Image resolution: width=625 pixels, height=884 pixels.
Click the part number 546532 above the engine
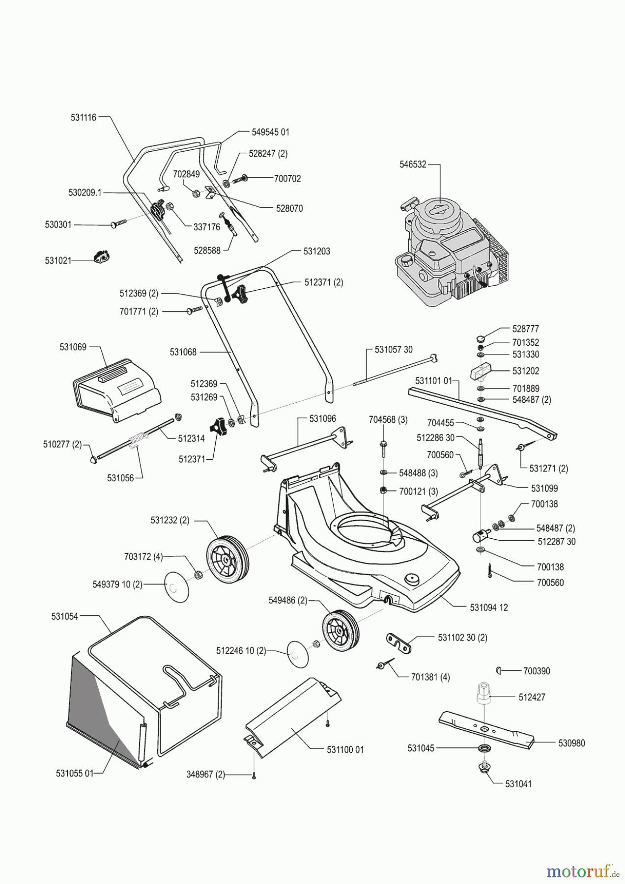click(413, 165)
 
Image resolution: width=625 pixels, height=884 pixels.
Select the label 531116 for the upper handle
click(84, 117)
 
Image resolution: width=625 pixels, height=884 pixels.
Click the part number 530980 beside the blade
click(571, 743)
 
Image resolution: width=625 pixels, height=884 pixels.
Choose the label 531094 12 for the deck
click(489, 608)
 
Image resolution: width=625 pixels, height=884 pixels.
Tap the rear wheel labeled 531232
click(227, 559)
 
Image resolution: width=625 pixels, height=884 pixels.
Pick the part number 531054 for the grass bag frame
click(64, 616)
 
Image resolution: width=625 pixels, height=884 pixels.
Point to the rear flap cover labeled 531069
click(117, 388)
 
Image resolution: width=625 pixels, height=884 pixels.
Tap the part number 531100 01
click(345, 750)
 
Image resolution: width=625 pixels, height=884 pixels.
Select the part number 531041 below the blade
click(518, 784)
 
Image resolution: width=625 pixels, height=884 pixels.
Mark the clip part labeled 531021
click(102, 256)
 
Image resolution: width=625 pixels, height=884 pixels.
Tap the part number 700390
click(537, 671)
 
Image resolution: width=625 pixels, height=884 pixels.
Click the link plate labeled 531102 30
click(398, 643)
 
